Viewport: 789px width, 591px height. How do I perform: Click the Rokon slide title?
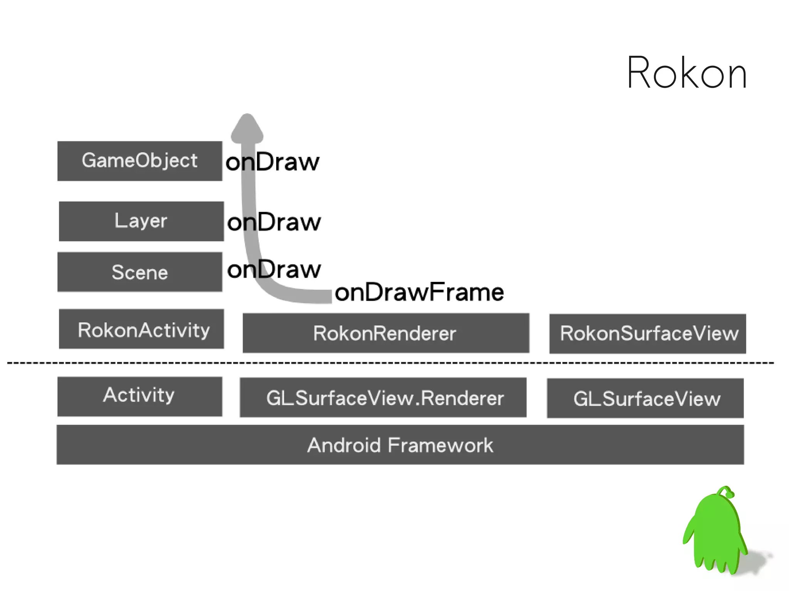(687, 73)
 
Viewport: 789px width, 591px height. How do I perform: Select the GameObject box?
(139, 161)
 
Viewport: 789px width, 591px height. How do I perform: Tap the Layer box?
(141, 221)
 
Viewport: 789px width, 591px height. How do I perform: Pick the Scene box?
(139, 272)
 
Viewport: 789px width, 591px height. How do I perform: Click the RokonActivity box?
(141, 329)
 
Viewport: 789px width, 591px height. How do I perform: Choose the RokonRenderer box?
(386, 333)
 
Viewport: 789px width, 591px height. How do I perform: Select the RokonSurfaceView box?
(647, 334)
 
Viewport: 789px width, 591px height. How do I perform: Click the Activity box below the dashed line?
(139, 396)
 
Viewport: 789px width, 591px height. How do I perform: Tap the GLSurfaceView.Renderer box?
(383, 397)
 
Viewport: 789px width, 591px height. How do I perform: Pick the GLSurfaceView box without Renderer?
(645, 398)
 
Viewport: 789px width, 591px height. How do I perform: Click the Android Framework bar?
(400, 445)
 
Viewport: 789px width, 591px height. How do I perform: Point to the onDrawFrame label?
(419, 292)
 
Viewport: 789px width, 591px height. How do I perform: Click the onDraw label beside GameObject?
(273, 162)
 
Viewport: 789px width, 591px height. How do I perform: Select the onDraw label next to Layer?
(274, 222)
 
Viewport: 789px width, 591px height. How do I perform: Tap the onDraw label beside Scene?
(274, 269)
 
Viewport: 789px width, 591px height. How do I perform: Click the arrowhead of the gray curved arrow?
(247, 127)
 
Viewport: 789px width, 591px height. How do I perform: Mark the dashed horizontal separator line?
(390, 363)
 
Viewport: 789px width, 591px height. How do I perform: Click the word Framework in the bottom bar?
(440, 445)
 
